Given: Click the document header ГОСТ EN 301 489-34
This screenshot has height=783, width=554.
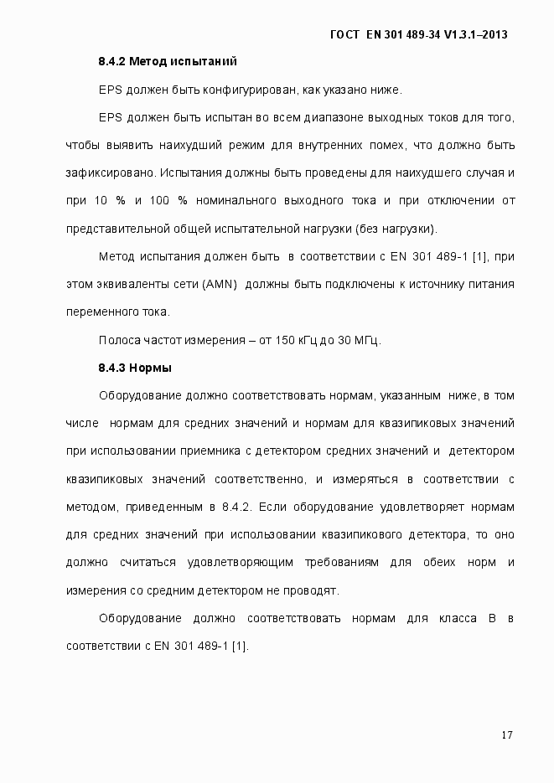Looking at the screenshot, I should [x=420, y=34].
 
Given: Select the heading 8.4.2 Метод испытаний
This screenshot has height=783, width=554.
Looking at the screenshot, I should [x=168, y=61].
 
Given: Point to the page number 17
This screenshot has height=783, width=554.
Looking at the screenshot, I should [x=507, y=735].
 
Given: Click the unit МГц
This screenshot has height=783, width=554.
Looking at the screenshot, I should [x=365, y=340].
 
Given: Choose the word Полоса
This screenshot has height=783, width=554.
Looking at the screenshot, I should [x=118, y=340].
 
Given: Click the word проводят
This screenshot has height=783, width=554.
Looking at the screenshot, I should [x=313, y=590].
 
